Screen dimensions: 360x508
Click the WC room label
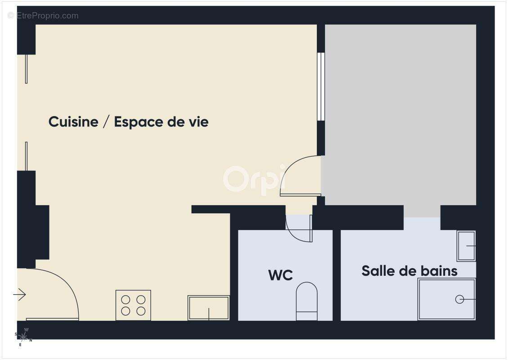click(281, 275)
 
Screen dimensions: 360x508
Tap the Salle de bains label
click(409, 271)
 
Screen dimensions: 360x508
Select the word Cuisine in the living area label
click(73, 122)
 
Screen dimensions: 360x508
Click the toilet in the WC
click(307, 301)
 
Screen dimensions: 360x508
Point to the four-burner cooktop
click(133, 305)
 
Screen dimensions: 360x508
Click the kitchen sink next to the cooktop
click(209, 308)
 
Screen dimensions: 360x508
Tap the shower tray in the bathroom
click(446, 299)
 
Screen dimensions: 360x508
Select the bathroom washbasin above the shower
click(466, 246)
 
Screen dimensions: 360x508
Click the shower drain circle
click(459, 299)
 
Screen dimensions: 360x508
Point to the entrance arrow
click(19, 295)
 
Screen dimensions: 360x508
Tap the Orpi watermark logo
click(254, 179)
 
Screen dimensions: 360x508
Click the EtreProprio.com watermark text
click(43, 16)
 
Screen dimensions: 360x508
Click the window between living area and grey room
click(321, 86)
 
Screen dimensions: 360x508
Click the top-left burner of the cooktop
click(126, 299)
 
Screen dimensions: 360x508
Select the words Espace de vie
click(161, 122)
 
